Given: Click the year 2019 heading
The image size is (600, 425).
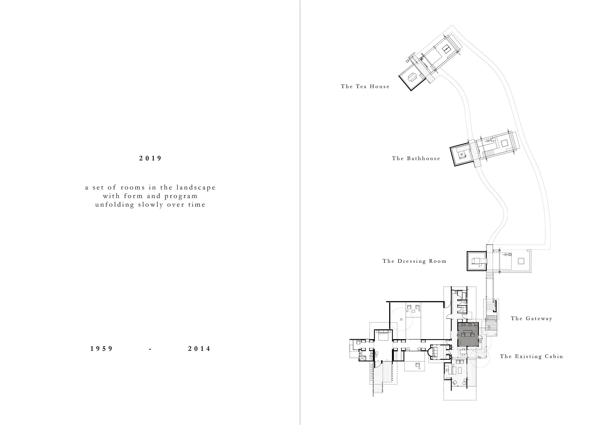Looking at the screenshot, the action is click(150, 158).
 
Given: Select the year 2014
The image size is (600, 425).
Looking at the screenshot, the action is click(199, 349).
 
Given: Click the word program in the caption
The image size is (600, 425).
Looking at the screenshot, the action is click(181, 196).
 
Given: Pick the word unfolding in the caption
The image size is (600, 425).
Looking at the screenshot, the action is click(114, 204).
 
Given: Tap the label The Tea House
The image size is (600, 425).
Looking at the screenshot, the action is click(365, 86).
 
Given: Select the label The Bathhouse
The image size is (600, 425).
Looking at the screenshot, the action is click(416, 158).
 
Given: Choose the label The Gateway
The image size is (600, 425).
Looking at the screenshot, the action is click(531, 319).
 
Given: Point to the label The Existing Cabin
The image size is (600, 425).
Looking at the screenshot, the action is click(531, 356).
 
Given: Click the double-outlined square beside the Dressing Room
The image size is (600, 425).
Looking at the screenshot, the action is click(521, 261).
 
